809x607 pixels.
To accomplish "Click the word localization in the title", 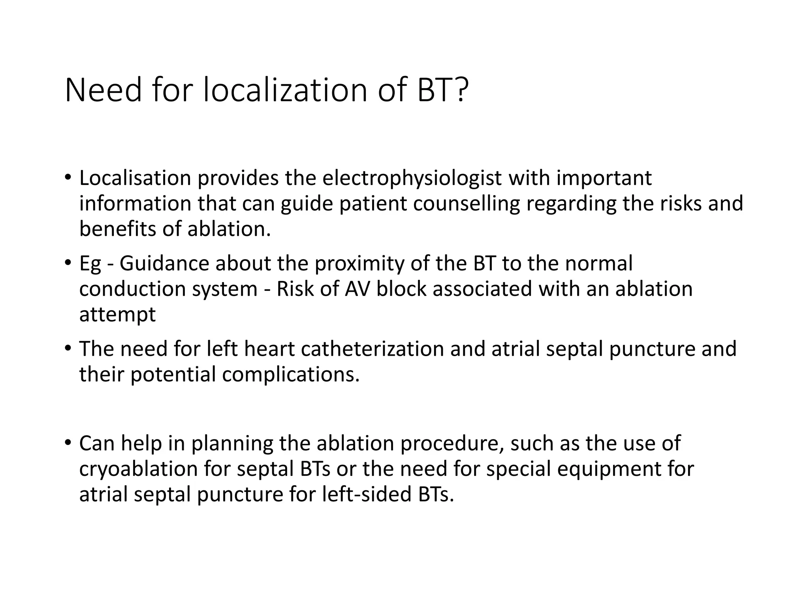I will click(x=287, y=90).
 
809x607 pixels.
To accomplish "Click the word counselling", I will click(x=467, y=204).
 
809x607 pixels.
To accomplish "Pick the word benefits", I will click(x=118, y=229).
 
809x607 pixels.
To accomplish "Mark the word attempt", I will click(x=117, y=315).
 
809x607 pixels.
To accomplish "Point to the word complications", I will click(x=291, y=375).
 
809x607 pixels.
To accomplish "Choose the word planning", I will click(x=232, y=444).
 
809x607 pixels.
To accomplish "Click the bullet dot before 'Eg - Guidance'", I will click(x=68, y=262).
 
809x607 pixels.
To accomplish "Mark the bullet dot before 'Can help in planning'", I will click(x=68, y=443).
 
